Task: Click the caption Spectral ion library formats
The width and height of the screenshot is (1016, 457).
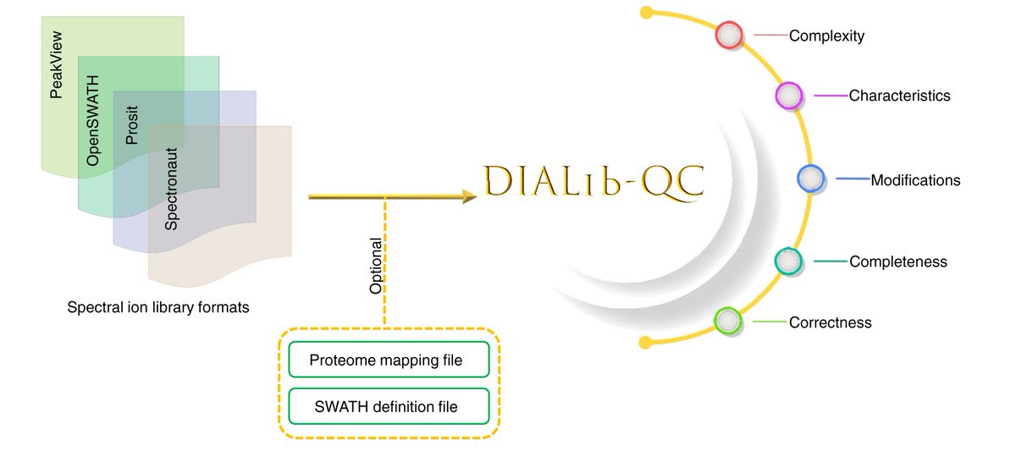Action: pos(158,307)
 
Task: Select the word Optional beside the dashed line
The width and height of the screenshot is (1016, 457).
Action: pos(376,266)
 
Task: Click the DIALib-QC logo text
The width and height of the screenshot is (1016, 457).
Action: pos(594,182)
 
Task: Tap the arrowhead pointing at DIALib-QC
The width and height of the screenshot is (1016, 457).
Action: pos(467,196)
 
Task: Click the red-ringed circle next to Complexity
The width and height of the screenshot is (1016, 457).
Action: pos(729,36)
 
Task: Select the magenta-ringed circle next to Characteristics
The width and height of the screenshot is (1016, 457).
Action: pos(788,96)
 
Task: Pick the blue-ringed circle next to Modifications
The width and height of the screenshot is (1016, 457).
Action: pos(811,179)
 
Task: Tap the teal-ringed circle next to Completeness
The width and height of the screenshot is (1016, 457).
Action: pos(788,262)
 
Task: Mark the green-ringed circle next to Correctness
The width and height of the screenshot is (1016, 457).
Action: pos(728,322)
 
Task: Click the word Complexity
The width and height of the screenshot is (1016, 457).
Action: pos(826,36)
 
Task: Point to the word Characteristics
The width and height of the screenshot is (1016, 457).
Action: pos(899,96)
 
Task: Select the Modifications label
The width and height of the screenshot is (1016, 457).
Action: pos(915,179)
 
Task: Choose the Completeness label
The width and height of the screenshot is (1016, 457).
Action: pos(897,262)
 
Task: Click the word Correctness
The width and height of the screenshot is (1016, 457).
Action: pos(830,322)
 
